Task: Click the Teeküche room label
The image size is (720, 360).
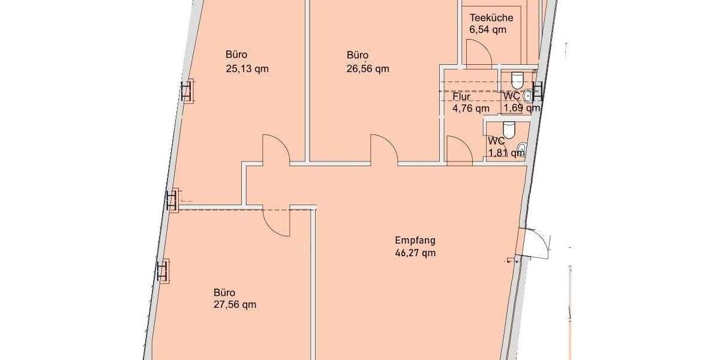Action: pos(491,18)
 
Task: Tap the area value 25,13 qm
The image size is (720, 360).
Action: pos(247,68)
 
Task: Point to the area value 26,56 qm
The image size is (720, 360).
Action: pos(367,68)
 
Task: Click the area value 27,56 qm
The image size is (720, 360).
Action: pos(235,304)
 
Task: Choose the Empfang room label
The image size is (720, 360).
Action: pos(415,241)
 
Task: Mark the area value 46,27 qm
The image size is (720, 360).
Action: pos(415,253)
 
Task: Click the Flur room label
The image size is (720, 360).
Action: pos(461,97)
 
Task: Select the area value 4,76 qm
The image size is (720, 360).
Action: pos(471,109)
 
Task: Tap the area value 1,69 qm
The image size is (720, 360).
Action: pos(521,109)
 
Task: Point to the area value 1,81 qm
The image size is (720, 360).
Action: pos(506,152)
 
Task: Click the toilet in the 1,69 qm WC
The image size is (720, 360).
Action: pos(517,79)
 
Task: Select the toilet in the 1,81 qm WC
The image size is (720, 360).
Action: pos(509,130)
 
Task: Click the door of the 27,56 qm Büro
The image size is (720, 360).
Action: pos(277,220)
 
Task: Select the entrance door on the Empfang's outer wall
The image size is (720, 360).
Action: pos(536,243)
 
